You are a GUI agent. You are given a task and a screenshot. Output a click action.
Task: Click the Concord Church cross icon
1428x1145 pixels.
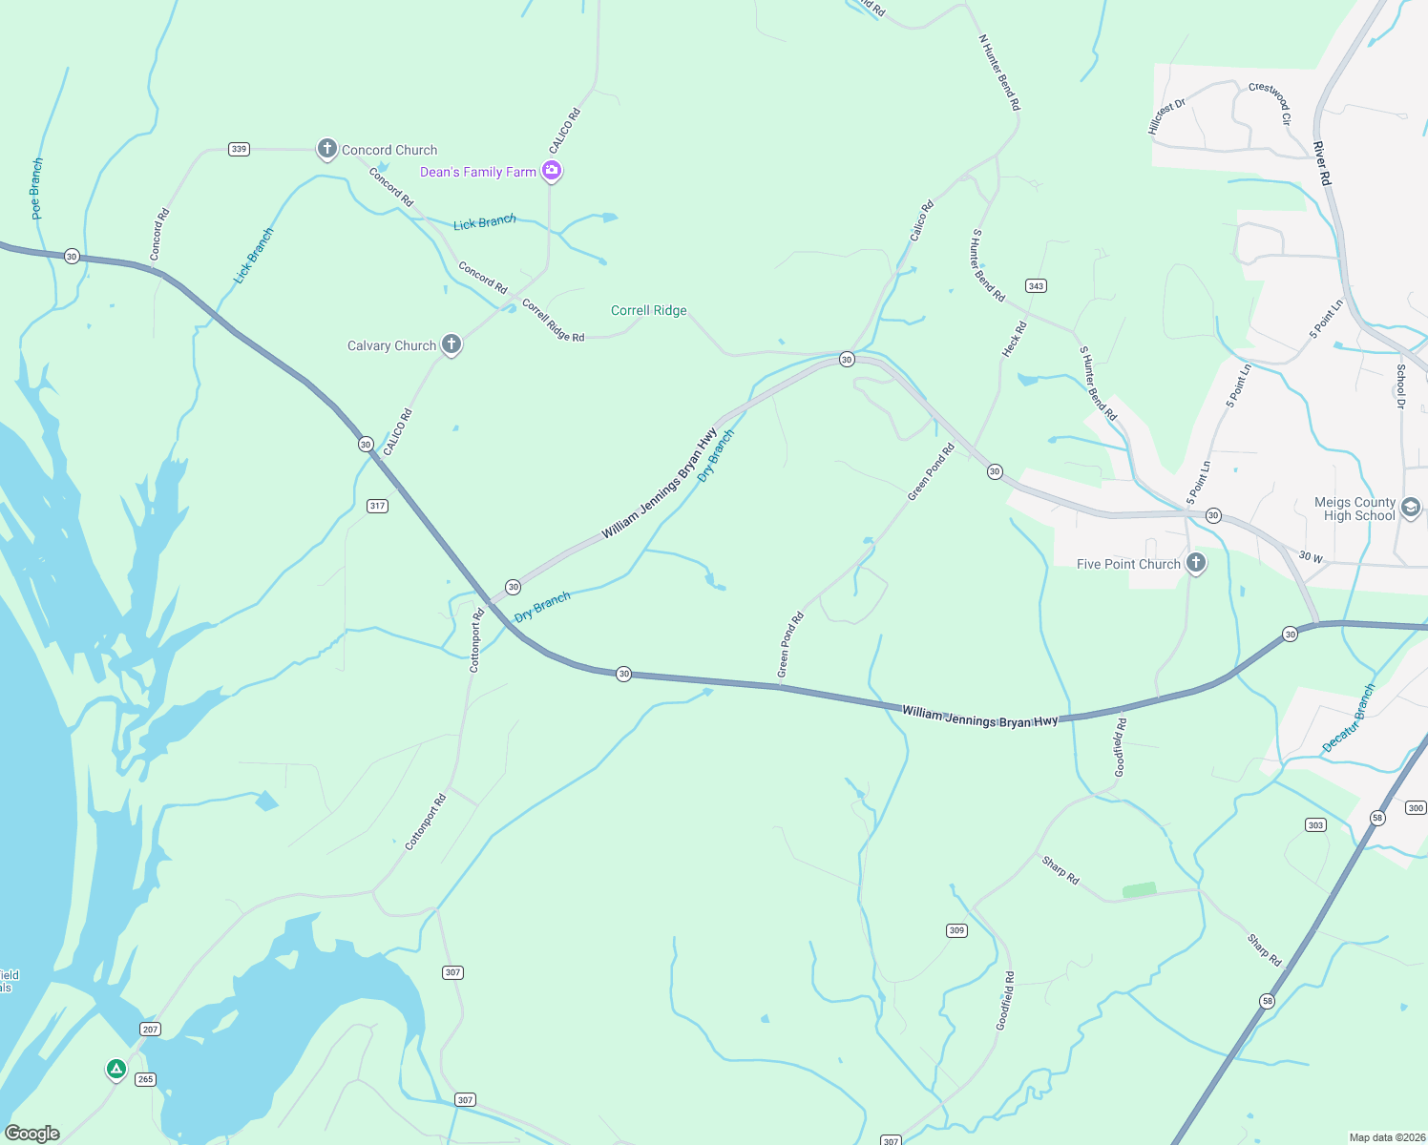click(326, 149)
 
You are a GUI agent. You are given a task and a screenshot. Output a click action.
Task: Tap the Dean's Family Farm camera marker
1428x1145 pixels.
click(551, 171)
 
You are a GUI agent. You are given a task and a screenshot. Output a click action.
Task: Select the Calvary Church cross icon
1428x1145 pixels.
click(451, 344)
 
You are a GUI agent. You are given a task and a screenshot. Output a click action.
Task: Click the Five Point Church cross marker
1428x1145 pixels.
click(1195, 563)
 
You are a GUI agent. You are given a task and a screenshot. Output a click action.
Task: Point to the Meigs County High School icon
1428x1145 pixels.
click(1411, 508)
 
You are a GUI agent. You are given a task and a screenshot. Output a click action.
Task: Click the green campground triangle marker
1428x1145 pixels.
click(115, 1069)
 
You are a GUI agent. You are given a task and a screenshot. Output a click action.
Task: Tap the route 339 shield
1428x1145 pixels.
click(239, 149)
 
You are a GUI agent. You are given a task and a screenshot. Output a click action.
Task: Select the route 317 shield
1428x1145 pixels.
click(377, 506)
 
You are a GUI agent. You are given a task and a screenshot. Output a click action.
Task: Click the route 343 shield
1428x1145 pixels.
click(1036, 285)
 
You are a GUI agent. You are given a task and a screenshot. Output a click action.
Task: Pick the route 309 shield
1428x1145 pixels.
click(956, 930)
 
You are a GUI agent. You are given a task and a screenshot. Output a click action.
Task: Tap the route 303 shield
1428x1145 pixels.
click(1315, 824)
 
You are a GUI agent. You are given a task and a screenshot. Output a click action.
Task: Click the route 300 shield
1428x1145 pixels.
click(1416, 807)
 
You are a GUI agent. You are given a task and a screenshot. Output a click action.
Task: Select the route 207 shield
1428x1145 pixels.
click(150, 1029)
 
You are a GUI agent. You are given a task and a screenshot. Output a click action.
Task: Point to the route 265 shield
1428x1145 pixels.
click(144, 1079)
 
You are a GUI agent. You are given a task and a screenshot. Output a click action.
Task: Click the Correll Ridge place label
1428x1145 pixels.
click(648, 310)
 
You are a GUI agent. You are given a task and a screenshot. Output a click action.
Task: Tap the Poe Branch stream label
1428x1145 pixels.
click(36, 189)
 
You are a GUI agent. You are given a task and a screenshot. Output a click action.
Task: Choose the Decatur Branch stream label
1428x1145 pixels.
click(1349, 718)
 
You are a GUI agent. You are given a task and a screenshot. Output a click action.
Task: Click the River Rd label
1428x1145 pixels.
click(1321, 163)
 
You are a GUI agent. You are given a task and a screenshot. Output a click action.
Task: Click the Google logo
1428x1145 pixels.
click(32, 1134)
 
